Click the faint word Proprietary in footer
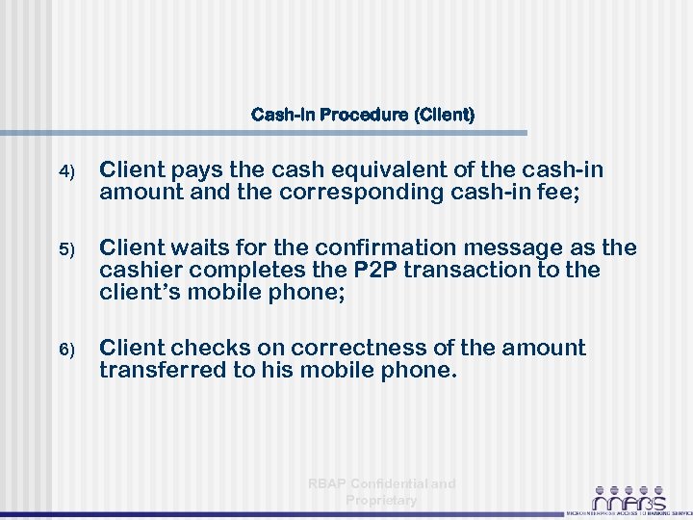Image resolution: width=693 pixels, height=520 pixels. (381, 500)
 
